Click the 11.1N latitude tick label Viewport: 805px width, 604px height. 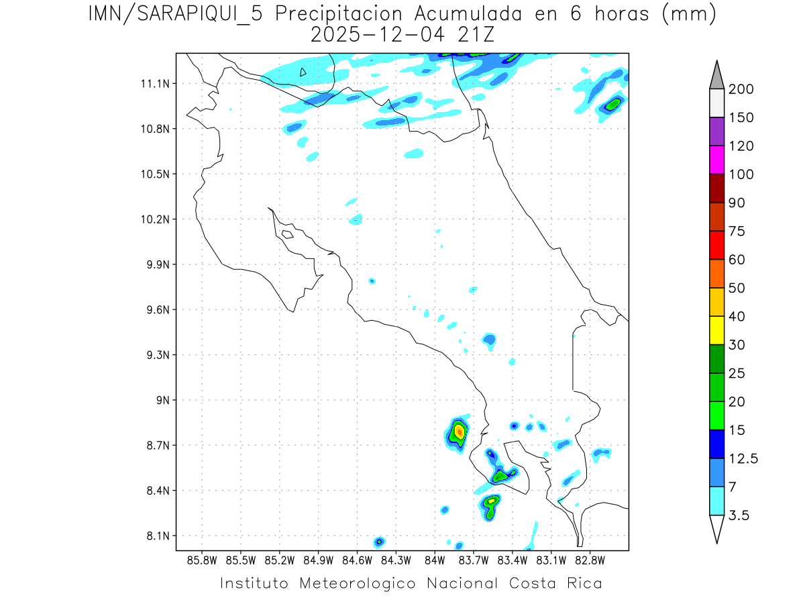click(153, 84)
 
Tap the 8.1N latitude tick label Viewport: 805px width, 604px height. click(156, 536)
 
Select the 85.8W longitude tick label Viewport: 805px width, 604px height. click(203, 560)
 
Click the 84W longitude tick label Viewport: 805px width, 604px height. click(435, 560)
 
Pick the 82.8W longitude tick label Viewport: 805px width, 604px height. click(590, 560)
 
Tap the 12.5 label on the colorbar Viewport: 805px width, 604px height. click(744, 458)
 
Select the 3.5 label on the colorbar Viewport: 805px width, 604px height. click(741, 515)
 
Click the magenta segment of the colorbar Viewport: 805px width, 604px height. click(716, 160)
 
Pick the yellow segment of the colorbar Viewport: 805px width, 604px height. click(716, 330)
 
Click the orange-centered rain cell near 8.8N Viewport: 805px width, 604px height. click(459, 432)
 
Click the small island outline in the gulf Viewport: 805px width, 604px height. click(287, 234)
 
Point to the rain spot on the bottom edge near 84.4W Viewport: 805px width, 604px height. click(380, 541)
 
